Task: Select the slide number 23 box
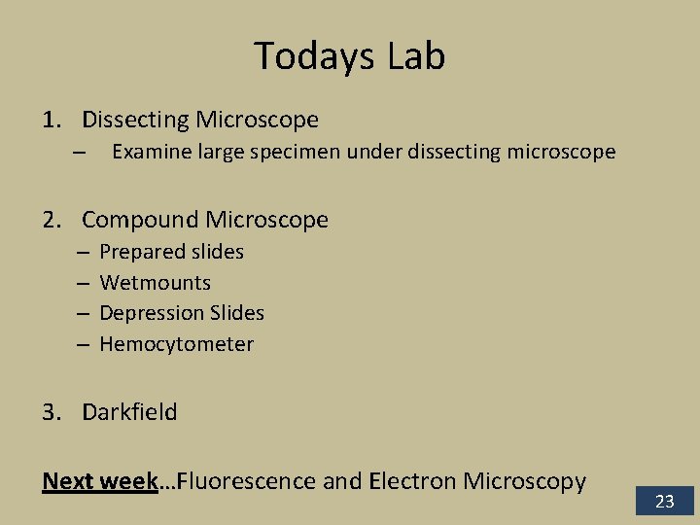(x=665, y=502)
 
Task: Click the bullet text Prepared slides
(x=171, y=252)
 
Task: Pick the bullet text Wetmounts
(x=155, y=283)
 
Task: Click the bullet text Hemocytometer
(x=176, y=344)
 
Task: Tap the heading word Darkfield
(x=129, y=412)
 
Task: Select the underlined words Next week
(x=99, y=481)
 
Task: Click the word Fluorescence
(x=247, y=481)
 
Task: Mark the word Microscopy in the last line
(x=525, y=481)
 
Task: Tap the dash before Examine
(x=80, y=153)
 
